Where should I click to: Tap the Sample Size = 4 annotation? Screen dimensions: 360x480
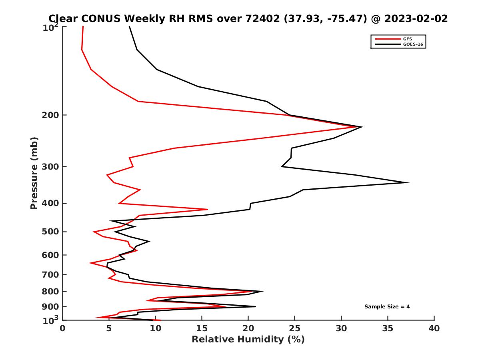click(387, 307)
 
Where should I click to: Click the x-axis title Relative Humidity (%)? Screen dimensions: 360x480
click(248, 340)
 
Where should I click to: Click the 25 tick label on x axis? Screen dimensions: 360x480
click(295, 328)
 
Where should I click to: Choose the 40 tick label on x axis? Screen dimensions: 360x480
click(434, 328)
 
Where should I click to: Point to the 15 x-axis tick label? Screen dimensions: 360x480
click(202, 328)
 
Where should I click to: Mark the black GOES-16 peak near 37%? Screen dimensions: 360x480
click(408, 182)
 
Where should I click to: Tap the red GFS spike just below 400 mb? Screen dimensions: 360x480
click(207, 209)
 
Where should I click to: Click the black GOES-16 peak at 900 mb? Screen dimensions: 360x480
click(255, 306)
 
